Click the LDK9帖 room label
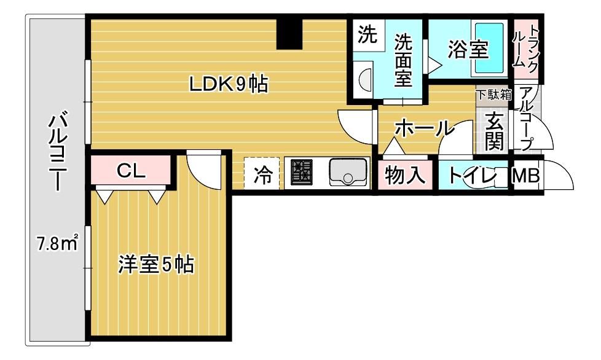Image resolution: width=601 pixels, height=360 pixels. (229, 84)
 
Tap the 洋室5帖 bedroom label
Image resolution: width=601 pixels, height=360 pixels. (155, 264)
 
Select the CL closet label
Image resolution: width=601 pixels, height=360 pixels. (131, 171)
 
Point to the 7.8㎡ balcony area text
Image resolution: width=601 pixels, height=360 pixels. (58, 243)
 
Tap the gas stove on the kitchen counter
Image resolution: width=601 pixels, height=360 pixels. (302, 172)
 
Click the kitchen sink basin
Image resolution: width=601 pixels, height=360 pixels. (348, 173)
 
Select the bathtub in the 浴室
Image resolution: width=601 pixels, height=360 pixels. (489, 48)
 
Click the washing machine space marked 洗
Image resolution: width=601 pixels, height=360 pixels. (367, 35)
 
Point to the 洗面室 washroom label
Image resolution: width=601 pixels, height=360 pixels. (403, 60)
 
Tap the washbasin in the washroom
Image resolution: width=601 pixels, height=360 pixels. (365, 79)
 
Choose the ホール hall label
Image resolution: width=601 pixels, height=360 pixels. (422, 128)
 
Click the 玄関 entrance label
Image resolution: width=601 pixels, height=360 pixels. (494, 131)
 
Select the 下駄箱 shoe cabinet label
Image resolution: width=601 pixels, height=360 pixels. (493, 95)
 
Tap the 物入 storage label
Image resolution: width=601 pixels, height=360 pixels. (405, 176)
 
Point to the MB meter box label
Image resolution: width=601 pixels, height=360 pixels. (526, 176)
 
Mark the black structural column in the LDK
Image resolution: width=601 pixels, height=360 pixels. (289, 34)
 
